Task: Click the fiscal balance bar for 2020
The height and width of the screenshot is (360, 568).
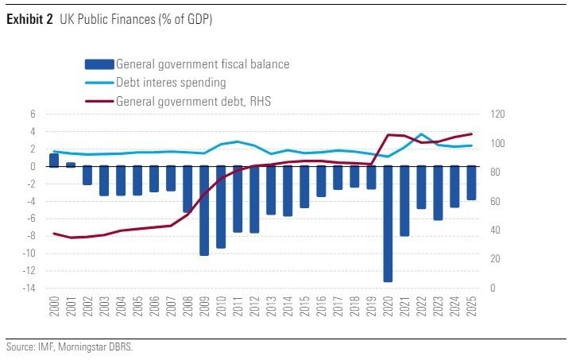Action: pos(388,223)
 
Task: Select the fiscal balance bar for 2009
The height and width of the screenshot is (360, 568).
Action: pos(204,210)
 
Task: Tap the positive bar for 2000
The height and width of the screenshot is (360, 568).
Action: pos(54,160)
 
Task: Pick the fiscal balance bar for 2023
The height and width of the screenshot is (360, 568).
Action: pos(438,192)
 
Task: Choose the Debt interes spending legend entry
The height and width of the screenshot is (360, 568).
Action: pos(170,83)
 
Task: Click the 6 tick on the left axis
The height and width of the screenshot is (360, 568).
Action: pos(33,114)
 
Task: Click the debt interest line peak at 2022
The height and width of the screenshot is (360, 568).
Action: pos(421,134)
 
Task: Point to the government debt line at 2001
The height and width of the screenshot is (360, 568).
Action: pos(71,238)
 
